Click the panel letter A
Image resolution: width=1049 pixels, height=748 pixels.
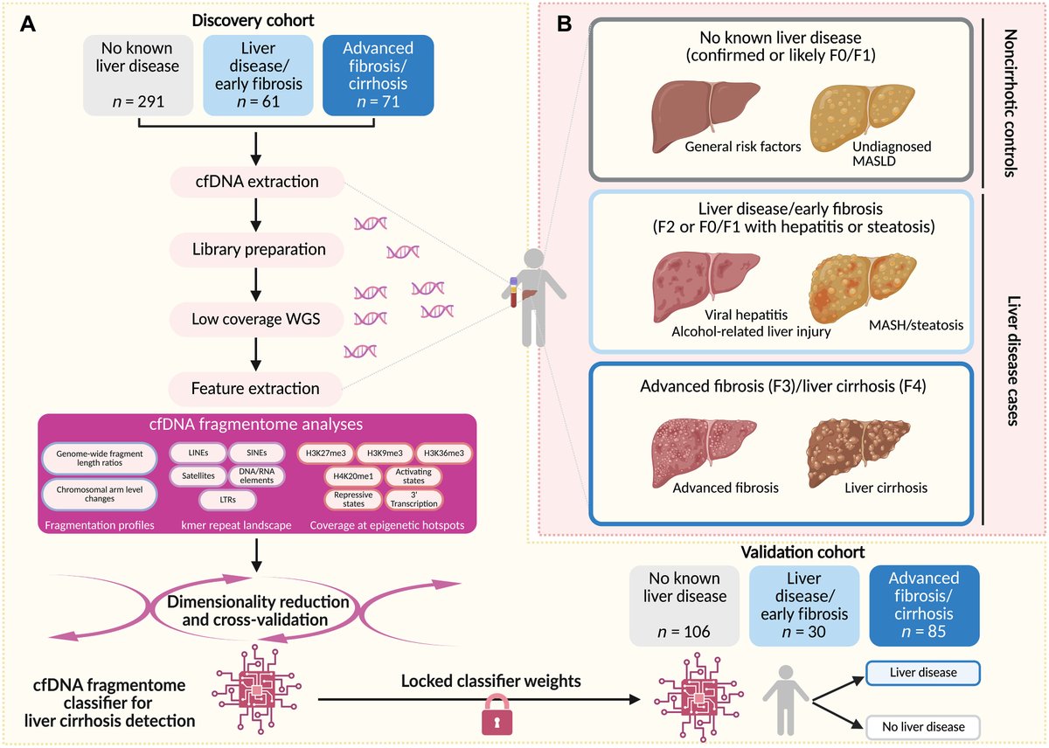(29, 25)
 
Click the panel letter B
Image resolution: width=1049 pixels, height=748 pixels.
(565, 25)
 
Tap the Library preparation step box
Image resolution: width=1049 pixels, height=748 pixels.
(259, 249)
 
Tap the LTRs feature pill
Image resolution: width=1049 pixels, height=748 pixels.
(227, 499)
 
